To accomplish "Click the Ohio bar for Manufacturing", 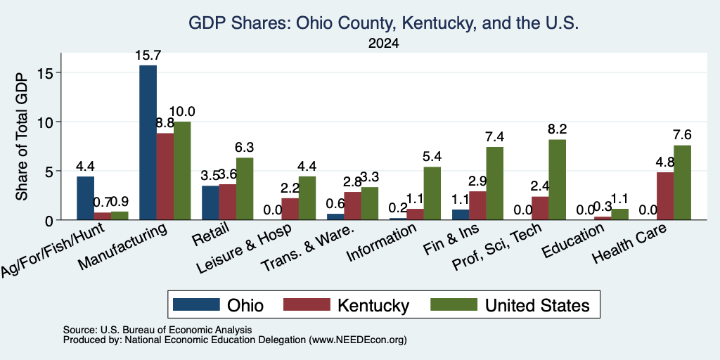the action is point(148,142).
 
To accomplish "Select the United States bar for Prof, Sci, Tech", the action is point(557,179).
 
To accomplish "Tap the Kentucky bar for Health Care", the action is point(665,196).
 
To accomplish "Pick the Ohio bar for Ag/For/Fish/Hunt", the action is point(85,198).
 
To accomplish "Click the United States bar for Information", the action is point(432,193).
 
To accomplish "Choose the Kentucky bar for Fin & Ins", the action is point(477,206).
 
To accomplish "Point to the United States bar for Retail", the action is point(245,188).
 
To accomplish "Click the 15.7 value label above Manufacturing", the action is point(148,56).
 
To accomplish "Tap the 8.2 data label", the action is point(558,129).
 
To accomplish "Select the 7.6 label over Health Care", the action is point(682,135).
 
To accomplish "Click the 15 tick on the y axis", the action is point(49,72).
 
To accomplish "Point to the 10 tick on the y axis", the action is point(49,122).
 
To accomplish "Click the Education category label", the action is point(572,241).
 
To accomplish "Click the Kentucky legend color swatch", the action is point(307,304).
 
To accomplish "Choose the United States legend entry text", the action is point(536,305).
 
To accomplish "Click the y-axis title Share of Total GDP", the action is point(22,136).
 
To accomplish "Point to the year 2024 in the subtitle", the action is point(383,44).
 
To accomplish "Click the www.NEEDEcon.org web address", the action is point(358,340).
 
